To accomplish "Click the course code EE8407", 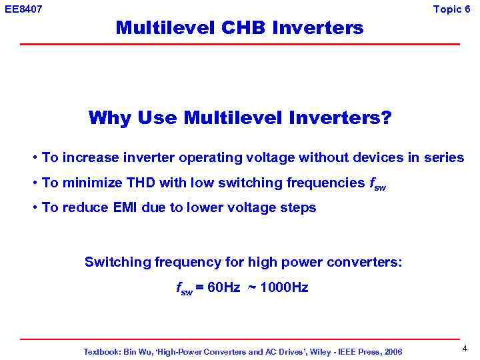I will coord(23,9).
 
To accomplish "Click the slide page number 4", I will coord(464,348).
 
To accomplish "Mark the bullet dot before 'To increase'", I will coord(34,159).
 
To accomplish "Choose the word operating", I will coord(223,158).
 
